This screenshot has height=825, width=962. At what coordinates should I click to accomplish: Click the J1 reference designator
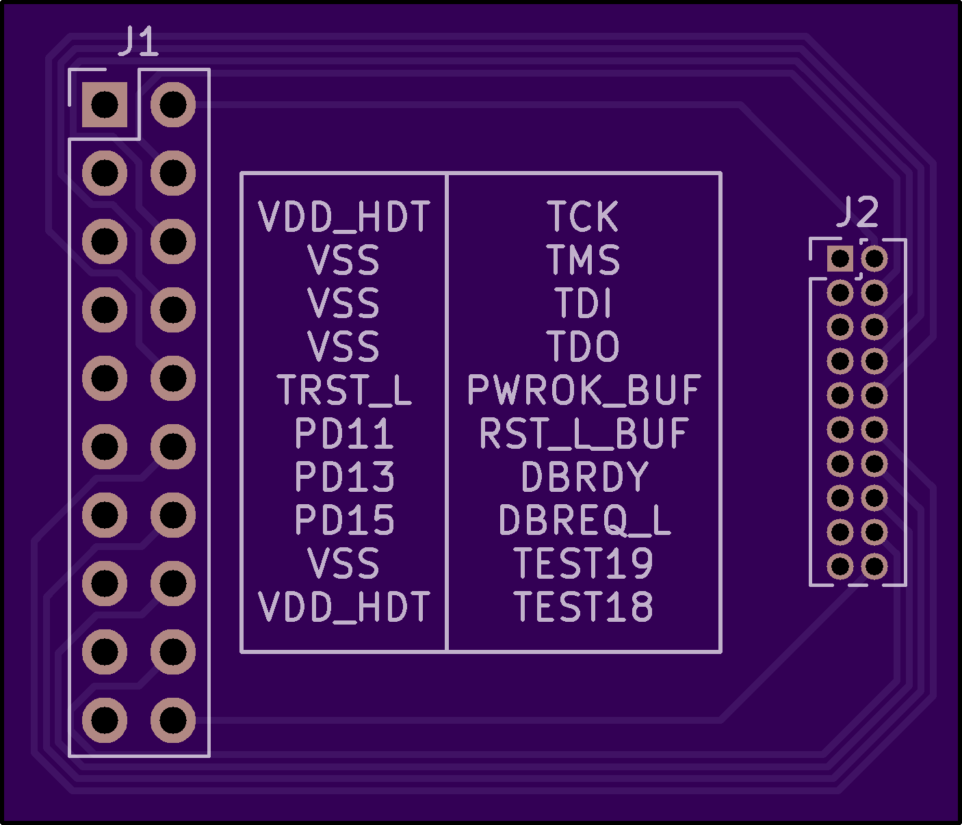pyautogui.click(x=138, y=42)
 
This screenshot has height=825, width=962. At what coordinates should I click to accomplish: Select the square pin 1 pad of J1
pyautogui.click(x=105, y=105)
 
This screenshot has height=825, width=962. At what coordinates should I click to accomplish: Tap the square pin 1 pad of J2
pyautogui.click(x=840, y=259)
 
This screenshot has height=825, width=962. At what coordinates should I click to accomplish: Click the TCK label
pyautogui.click(x=583, y=217)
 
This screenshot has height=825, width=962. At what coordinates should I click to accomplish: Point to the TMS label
pyautogui.click(x=583, y=260)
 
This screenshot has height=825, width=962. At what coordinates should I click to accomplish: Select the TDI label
pyautogui.click(x=583, y=303)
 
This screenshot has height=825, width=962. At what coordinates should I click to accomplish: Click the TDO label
pyautogui.click(x=583, y=346)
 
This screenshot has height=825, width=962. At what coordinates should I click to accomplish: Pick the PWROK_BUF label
pyautogui.click(x=584, y=390)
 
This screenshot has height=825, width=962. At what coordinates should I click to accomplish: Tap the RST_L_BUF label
pyautogui.click(x=584, y=433)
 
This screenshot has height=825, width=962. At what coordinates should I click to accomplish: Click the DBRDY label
pyautogui.click(x=584, y=477)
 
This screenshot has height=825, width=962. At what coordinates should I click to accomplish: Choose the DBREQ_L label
pyautogui.click(x=584, y=520)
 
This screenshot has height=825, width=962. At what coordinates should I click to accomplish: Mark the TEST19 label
pyautogui.click(x=584, y=563)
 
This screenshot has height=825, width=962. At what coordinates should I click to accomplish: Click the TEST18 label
pyautogui.click(x=584, y=607)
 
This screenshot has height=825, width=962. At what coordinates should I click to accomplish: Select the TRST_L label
pyautogui.click(x=344, y=390)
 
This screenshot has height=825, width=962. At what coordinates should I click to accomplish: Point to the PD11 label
pyautogui.click(x=344, y=433)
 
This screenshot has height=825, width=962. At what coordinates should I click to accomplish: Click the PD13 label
pyautogui.click(x=344, y=477)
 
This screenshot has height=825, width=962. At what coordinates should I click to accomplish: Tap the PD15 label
pyautogui.click(x=344, y=520)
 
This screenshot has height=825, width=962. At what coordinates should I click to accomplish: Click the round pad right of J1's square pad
pyautogui.click(x=173, y=105)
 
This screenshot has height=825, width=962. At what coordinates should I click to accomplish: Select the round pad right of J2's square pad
pyautogui.click(x=874, y=259)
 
